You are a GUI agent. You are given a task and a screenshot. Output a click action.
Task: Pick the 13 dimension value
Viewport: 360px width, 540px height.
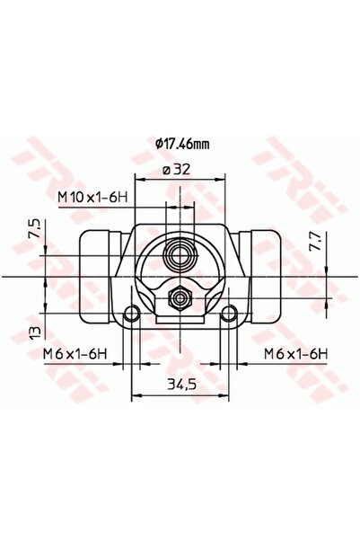click(35, 332)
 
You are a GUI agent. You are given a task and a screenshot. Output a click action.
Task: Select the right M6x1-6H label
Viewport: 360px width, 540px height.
click(293, 355)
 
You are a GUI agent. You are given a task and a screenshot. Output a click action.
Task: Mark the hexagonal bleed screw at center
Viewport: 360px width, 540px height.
click(180, 297)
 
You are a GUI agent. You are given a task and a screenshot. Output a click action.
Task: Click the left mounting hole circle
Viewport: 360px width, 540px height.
click(133, 313)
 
